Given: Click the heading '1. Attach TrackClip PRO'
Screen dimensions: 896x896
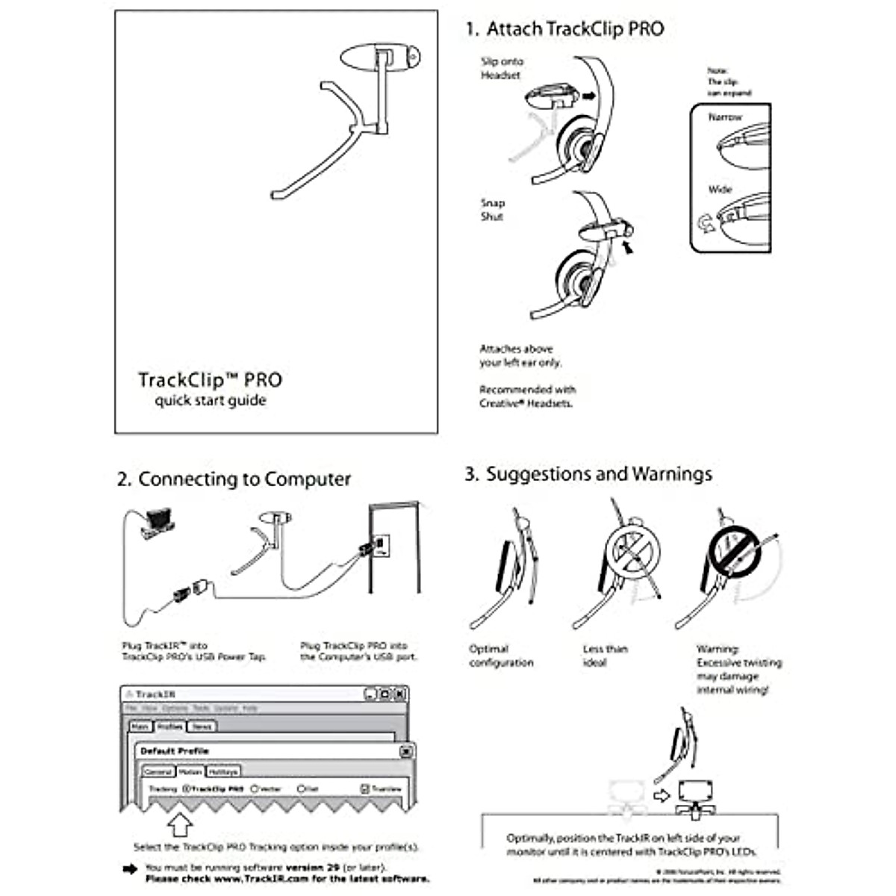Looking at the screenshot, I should [x=564, y=29].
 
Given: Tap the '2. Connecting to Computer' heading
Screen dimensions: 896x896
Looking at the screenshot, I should [x=234, y=479].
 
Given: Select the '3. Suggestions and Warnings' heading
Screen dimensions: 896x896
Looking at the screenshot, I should [x=588, y=474].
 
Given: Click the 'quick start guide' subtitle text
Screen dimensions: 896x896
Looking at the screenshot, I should [x=211, y=401].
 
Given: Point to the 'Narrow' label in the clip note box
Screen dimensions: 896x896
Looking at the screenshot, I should [x=725, y=117].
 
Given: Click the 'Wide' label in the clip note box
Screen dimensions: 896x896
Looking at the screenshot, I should [x=721, y=190].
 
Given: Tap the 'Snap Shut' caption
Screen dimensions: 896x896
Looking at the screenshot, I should [x=493, y=210].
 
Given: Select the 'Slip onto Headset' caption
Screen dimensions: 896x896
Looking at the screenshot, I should [x=502, y=69].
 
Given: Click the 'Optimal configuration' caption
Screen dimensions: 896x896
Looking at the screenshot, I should [x=501, y=656].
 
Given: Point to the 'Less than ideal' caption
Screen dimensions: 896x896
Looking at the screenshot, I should [x=605, y=656].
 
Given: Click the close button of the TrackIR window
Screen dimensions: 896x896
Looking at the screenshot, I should [x=399, y=694].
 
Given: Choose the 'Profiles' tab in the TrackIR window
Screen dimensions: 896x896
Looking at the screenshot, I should [x=169, y=726].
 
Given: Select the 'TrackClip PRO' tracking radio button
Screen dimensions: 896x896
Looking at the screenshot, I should [x=187, y=788].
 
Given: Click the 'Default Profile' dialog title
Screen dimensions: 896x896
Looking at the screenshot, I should [x=175, y=750].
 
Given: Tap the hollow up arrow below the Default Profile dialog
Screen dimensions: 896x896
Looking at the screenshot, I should [x=179, y=825].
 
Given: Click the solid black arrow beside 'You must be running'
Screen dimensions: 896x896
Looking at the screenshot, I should [x=130, y=868].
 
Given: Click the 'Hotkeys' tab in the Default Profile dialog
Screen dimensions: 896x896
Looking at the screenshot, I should [x=223, y=771].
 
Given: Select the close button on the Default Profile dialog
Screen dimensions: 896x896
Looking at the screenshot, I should [x=405, y=751].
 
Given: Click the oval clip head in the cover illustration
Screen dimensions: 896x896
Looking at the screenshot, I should [x=380, y=57].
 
